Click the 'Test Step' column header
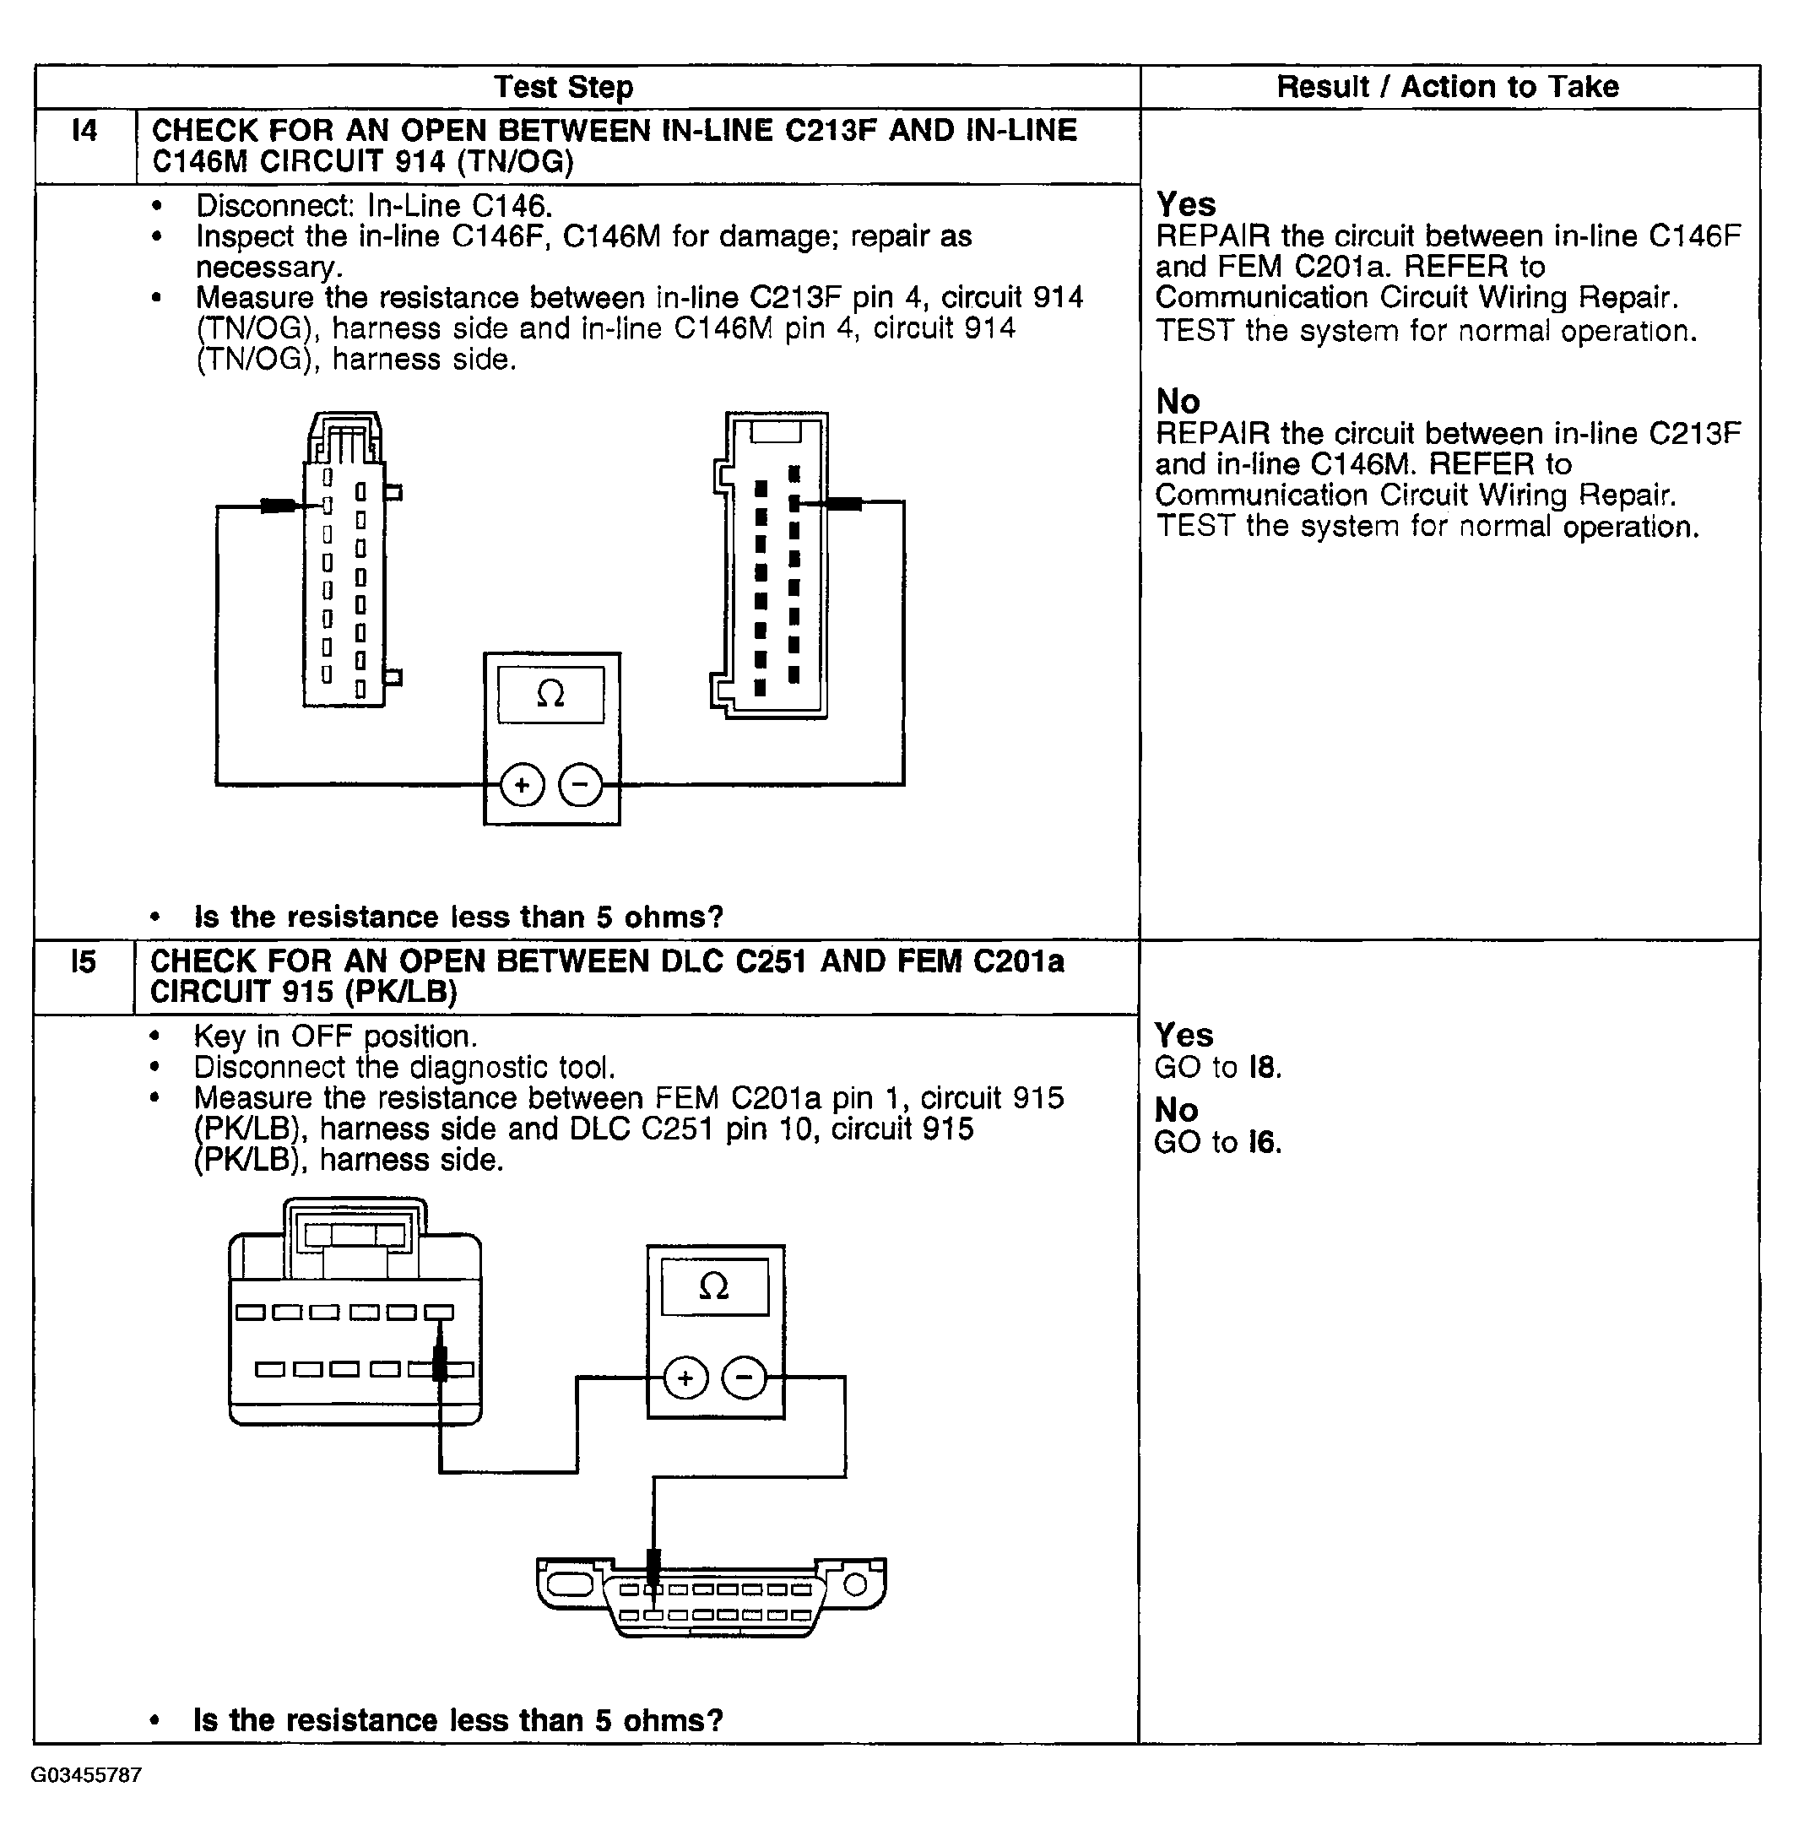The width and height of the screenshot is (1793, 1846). coord(563,87)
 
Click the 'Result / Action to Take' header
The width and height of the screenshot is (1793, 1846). coord(1448,87)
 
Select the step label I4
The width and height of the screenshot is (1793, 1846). coord(84,130)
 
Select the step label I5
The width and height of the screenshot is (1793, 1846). coord(84,961)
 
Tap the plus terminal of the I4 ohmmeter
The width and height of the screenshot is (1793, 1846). coord(522,784)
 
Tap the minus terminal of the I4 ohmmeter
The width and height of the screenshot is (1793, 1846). coord(581,784)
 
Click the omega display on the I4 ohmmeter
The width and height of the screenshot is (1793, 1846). coord(551,695)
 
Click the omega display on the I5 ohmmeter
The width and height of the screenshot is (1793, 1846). coord(715,1286)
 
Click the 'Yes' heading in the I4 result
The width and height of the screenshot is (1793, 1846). coord(1185,204)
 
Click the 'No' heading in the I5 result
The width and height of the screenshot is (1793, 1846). coord(1176,1111)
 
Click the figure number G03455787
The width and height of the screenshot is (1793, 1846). coord(87,1774)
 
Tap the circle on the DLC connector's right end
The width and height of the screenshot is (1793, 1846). coord(855,1585)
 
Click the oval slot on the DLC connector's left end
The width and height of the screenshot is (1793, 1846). coord(569,1583)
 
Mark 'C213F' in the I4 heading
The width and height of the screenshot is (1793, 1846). coord(831,130)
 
